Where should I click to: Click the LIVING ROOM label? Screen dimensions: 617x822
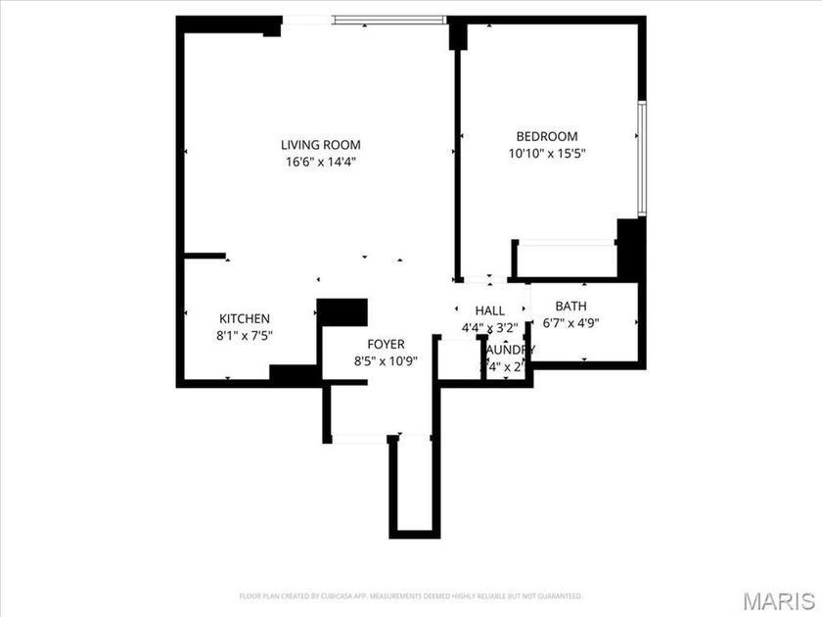tap(313, 145)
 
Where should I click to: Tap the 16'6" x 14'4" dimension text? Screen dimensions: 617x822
tap(313, 163)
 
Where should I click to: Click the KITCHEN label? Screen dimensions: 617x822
tap(245, 318)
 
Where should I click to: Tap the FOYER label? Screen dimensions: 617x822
tap(387, 344)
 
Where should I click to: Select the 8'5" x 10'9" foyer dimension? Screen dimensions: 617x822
tap(387, 360)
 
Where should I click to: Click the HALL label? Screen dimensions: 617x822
tap(489, 310)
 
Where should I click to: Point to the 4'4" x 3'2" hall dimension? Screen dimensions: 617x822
tap(489, 327)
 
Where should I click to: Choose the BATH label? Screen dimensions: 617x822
tap(571, 305)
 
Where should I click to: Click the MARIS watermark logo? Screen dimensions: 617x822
tap(779, 599)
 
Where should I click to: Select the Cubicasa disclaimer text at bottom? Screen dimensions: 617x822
tap(411, 595)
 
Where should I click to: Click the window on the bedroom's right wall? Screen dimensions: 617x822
tap(642, 158)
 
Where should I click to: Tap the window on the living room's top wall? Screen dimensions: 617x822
tap(388, 19)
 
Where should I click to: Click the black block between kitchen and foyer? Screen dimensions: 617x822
tap(342, 311)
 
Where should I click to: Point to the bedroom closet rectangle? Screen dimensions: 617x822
tap(567, 260)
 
